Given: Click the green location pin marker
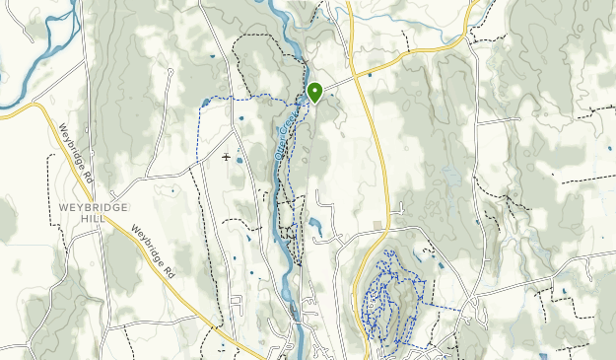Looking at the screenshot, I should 315,93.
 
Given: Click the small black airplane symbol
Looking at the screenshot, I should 228,157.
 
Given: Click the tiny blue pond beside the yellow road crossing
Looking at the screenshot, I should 370,74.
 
